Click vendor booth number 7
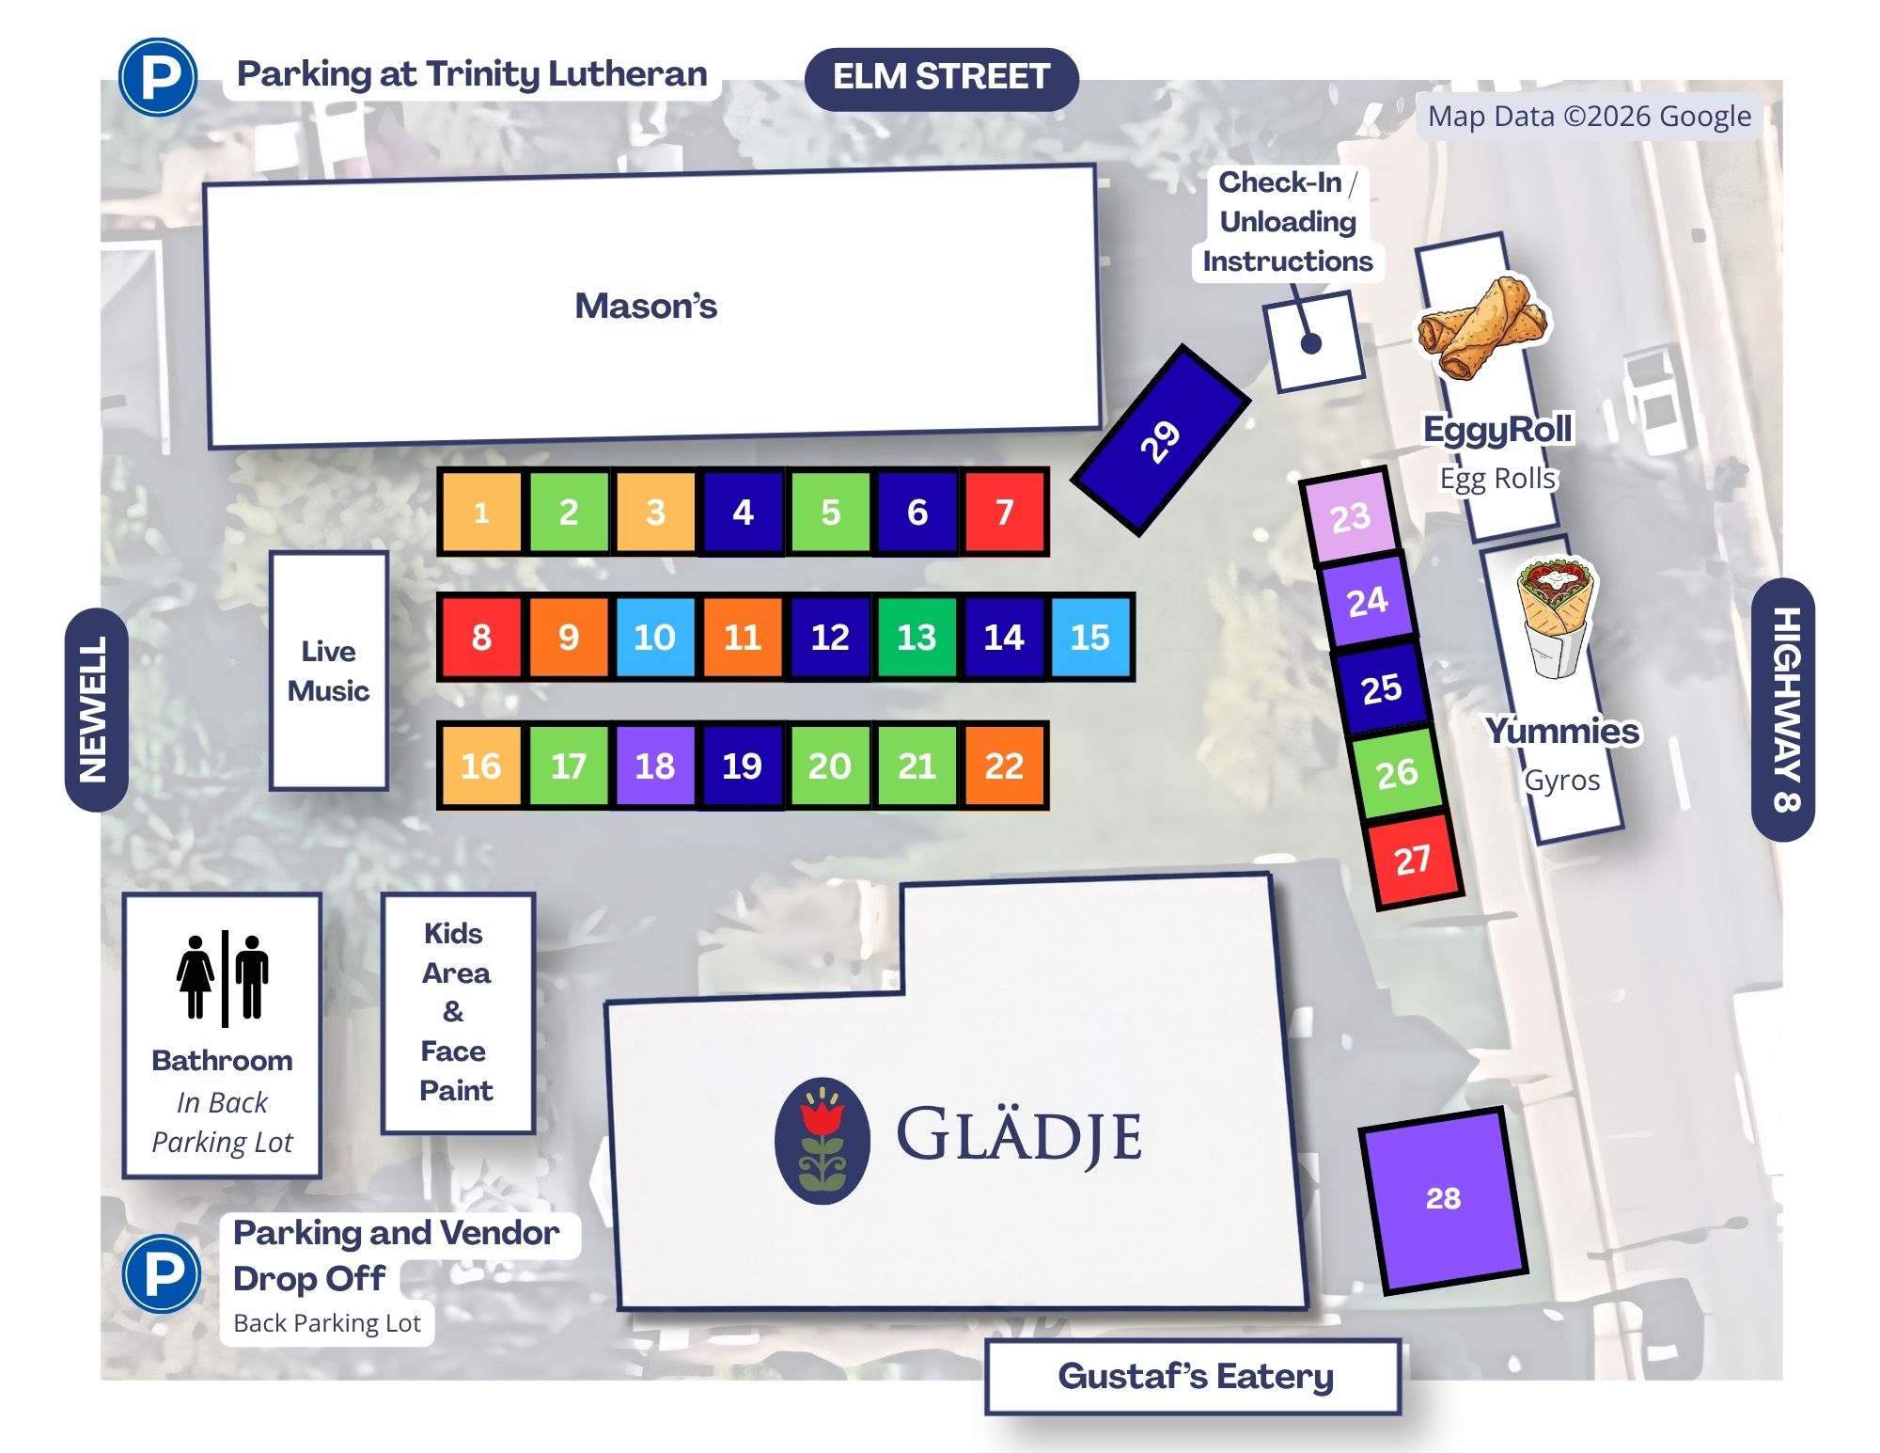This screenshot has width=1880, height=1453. click(x=1004, y=513)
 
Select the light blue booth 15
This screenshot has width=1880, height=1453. click(x=1090, y=638)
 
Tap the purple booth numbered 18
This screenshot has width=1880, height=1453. click(x=655, y=766)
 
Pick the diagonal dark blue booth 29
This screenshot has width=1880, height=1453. click(x=1161, y=440)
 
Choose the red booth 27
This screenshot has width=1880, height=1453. click(x=1413, y=860)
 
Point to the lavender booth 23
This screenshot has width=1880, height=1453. click(x=1351, y=517)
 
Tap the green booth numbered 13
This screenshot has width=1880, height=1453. click(x=916, y=638)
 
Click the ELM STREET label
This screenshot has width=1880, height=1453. click(x=942, y=77)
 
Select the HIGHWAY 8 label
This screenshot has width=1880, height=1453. click(x=1784, y=709)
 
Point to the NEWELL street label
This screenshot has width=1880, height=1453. click(x=95, y=709)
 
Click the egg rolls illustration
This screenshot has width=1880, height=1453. click(x=1483, y=326)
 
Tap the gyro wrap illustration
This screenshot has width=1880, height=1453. click(x=1555, y=618)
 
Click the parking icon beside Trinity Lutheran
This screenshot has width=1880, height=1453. click(x=158, y=77)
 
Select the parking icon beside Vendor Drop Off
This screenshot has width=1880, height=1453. click(x=162, y=1273)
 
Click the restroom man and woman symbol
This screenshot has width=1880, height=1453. click(x=224, y=978)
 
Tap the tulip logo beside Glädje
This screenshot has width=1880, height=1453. click(x=822, y=1141)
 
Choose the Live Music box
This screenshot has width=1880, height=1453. click(x=329, y=671)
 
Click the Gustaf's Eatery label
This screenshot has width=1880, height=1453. click(x=1194, y=1377)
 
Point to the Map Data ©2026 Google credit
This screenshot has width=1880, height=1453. click(x=1590, y=117)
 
